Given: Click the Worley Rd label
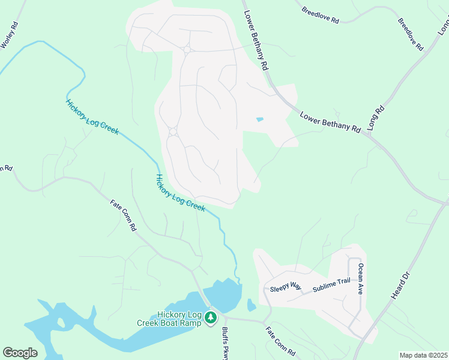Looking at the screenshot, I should tap(11, 35).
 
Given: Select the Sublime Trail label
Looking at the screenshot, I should tap(331, 286).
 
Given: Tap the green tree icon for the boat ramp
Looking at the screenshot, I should tap(211, 317).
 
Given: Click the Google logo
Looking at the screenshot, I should tap(20, 353).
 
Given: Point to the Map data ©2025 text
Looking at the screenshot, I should tap(423, 355).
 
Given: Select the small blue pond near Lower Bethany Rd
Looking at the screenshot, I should tap(259, 119).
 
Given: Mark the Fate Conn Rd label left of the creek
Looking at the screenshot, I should tap(124, 215).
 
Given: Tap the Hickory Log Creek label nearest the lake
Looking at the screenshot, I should tap(180, 193).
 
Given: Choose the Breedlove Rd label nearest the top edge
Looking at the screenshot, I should tap(321, 16).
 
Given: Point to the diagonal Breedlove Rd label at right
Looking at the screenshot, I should tap(411, 34).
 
